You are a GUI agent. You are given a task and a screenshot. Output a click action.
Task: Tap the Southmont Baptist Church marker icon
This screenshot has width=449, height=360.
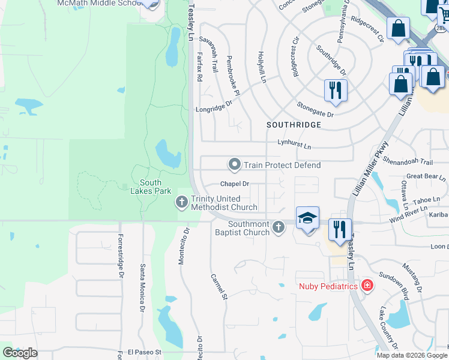[277, 227]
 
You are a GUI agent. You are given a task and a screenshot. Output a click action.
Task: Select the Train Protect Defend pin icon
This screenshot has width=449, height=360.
[235, 164]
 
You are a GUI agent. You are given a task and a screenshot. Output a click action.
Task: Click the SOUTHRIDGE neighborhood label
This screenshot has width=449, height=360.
[294, 125]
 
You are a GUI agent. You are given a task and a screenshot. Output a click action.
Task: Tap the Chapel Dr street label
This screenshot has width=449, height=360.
[235, 184]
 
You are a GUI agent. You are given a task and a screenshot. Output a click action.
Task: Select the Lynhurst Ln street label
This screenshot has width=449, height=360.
[294, 145]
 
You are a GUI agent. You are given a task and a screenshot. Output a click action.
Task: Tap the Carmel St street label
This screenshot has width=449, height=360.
[218, 287]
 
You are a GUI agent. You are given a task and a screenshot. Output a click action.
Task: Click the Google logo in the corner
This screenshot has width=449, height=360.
[20, 353]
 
